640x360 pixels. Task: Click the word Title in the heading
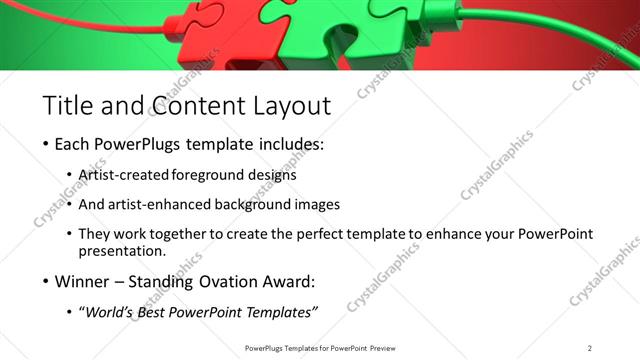tap(68, 104)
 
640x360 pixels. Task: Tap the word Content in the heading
tap(198, 104)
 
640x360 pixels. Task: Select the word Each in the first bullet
tap(74, 145)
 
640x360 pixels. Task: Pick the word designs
tap(273, 175)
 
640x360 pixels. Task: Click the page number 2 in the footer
tap(590, 347)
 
